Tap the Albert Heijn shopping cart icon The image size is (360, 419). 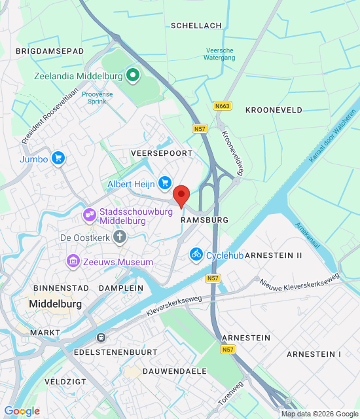tap(165, 184)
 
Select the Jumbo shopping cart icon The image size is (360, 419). tap(58, 158)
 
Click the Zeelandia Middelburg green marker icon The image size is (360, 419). tap(133, 76)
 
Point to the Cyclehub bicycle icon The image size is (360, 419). tap(196, 255)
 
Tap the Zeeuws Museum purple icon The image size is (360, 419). tap(73, 262)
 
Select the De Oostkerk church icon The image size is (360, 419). tap(120, 238)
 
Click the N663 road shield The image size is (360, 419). tap(223, 105)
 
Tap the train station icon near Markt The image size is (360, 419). tap(101, 337)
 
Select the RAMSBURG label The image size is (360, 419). tap(204, 221)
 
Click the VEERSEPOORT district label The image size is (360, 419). tap(162, 153)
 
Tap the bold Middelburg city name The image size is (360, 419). tap(55, 304)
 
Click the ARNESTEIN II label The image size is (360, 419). tap(274, 255)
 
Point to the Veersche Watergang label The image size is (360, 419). tap(220, 54)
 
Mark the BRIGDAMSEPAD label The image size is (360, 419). tap(49, 50)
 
